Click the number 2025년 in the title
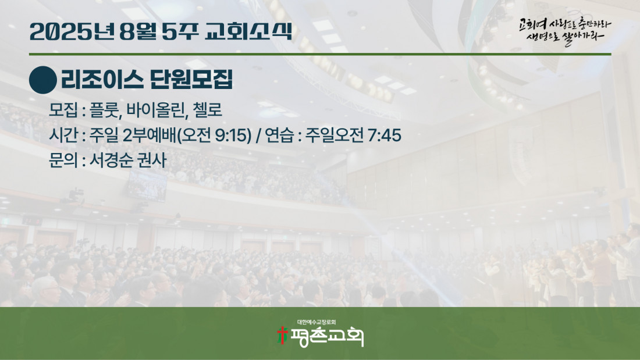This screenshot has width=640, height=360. pos(72,31)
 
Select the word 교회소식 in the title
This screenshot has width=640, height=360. pos(248,31)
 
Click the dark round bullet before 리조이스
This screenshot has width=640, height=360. pos(43,80)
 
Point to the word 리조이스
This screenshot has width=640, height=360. pos(102,79)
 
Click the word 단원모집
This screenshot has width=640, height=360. pos(191,79)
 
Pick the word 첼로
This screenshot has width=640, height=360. pos(208,110)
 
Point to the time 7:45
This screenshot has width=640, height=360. pos(385,135)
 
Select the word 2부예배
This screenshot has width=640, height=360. pos(150,135)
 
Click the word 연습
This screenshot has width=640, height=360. pos(279,135)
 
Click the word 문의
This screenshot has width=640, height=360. pos(63,160)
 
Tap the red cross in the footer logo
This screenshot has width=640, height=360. pos(282,336)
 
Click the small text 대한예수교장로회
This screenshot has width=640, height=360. pos(317,322)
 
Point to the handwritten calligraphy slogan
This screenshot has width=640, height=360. pos(565,31)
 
